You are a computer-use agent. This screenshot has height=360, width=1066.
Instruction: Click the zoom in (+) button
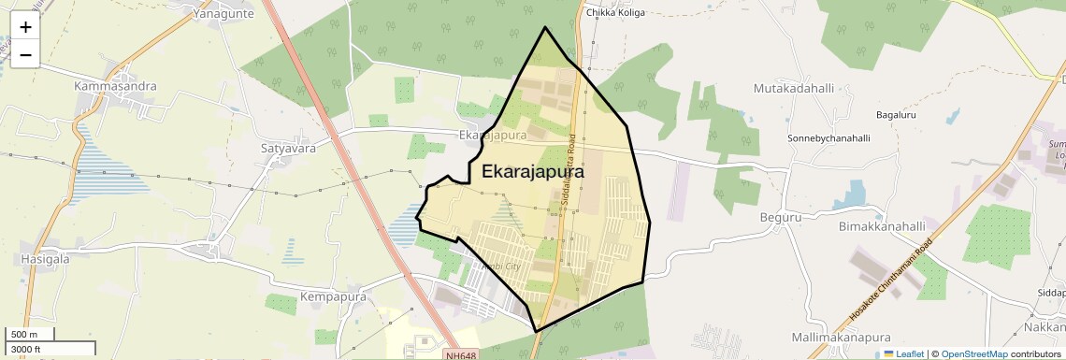[25, 28]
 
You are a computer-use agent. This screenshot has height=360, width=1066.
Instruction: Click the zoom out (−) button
[25, 55]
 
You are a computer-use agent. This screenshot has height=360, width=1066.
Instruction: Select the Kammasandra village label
[115, 86]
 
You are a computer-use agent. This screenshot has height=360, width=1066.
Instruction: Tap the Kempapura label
[332, 296]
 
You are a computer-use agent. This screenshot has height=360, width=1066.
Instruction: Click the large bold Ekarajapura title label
[533, 173]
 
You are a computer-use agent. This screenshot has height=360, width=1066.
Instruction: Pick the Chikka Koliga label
[615, 13]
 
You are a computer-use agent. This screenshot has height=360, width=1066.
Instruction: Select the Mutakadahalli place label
[793, 88]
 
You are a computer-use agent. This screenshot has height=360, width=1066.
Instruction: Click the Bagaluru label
[899, 115]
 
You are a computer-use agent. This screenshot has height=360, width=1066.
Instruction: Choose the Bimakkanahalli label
[882, 226]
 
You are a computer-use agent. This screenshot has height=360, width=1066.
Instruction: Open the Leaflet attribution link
[903, 353]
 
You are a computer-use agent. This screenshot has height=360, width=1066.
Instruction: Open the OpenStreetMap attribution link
[974, 353]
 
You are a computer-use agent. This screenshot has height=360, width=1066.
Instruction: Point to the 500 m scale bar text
[23, 335]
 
